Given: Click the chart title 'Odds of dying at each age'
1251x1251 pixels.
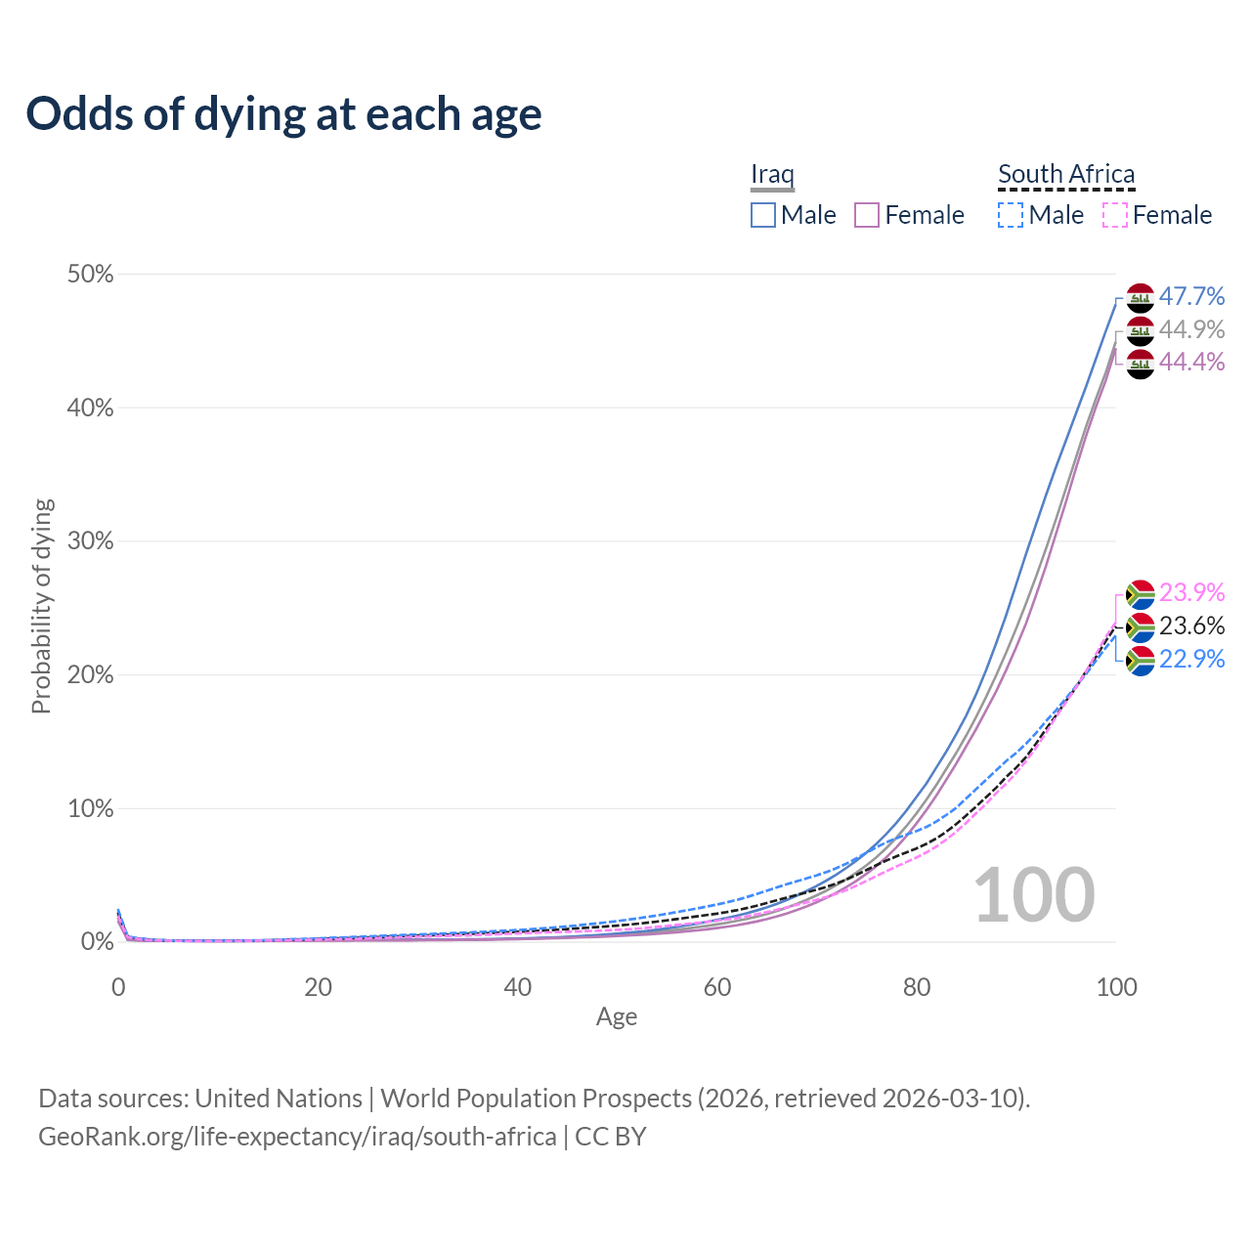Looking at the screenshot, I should tap(283, 114).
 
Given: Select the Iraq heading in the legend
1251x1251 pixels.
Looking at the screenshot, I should tap(772, 174).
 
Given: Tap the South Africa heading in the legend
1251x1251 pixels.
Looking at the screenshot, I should tap(1066, 174).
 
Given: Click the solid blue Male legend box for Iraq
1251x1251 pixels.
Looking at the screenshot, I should tap(763, 215).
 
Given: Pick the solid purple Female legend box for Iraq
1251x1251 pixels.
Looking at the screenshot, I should tap(868, 215).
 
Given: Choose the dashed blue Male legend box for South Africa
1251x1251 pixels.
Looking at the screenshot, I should tap(1011, 215).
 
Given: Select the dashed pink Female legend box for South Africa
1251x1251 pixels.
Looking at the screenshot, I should tap(1115, 215).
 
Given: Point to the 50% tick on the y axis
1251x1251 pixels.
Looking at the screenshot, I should tap(91, 275).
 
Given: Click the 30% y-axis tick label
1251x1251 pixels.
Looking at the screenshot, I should tap(91, 541).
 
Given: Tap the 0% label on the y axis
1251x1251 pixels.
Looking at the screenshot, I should tap(97, 942).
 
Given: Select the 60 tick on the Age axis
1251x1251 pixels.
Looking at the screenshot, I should tap(717, 987).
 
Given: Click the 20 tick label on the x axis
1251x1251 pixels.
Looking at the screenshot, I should tap(318, 987).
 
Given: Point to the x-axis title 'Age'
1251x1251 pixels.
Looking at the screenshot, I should tap(617, 1017).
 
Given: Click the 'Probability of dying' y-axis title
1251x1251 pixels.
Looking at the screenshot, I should tap(41, 606).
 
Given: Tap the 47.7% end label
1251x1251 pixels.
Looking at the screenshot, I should tap(1191, 296).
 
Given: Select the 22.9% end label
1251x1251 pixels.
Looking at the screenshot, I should tap(1191, 659).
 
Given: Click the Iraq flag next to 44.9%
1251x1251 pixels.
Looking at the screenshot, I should tap(1141, 330).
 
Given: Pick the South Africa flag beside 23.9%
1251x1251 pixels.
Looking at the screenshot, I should tap(1141, 593).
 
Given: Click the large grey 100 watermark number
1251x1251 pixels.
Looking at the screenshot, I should tap(1034, 894).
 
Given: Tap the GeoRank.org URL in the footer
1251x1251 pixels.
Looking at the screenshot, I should tap(297, 1137).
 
